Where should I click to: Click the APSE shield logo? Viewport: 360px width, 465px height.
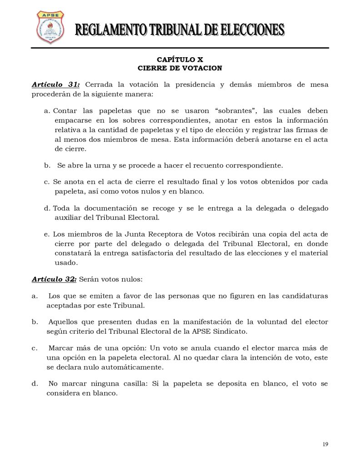point(50,28)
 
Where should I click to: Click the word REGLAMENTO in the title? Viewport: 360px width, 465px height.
point(106,30)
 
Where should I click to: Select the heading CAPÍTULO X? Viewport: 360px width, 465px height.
point(180,59)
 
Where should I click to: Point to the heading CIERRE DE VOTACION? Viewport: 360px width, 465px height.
point(180,68)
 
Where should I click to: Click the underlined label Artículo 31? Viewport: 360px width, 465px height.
point(56,85)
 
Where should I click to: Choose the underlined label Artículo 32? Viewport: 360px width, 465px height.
point(51,279)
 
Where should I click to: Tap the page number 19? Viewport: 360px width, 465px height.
point(325,444)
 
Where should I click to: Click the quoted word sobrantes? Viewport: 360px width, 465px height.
point(237,111)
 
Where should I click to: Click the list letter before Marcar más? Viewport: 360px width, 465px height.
point(34,348)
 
